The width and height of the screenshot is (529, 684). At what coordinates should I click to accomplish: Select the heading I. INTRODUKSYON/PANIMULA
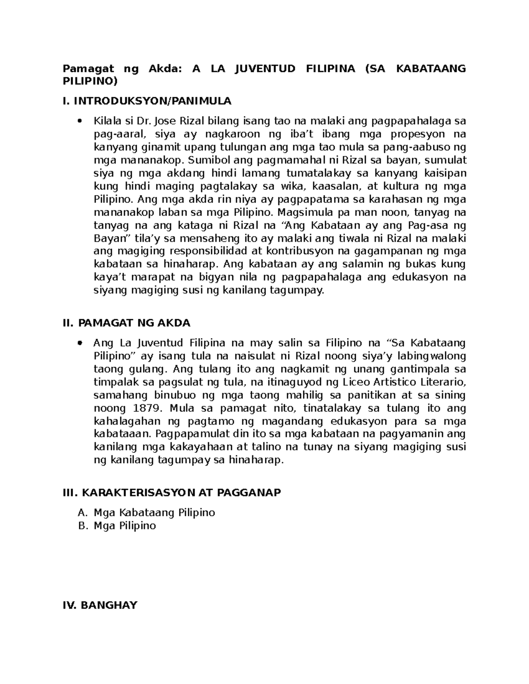147,101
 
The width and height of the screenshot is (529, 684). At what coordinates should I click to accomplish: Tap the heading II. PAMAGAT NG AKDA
127,323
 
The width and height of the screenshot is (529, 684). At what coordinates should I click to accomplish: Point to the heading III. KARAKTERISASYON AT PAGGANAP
172,492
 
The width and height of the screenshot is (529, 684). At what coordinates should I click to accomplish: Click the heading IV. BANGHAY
101,605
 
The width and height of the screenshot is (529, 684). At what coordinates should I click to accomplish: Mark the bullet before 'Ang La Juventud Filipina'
79,343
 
